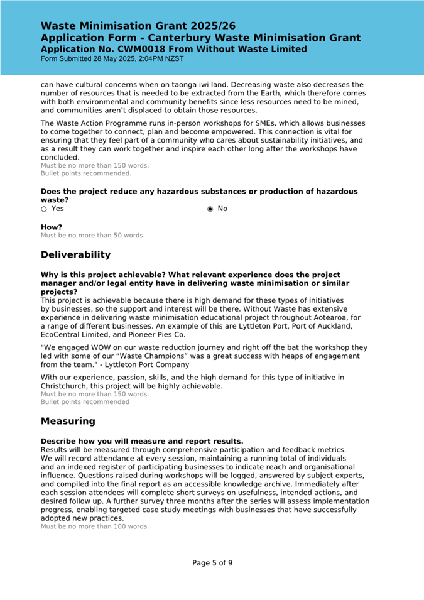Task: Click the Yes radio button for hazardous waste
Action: coord(43,209)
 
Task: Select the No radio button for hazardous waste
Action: coord(210,209)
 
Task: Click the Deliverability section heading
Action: coord(75,254)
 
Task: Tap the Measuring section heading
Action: coord(68,420)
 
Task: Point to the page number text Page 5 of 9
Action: coord(212,562)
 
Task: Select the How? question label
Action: coord(52,227)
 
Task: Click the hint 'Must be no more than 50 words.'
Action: coord(92,236)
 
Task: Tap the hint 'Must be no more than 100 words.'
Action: coord(95,526)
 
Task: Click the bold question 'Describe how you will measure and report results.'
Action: coord(142,441)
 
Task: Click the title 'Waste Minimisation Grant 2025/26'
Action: coord(138,26)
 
